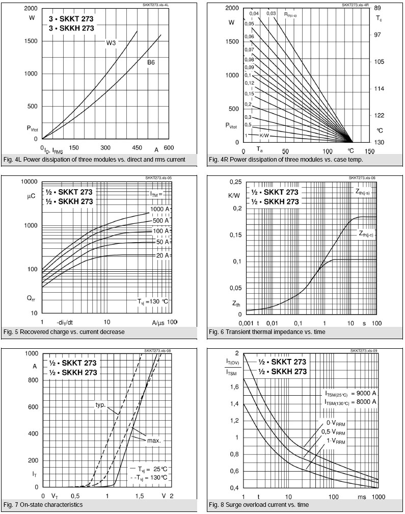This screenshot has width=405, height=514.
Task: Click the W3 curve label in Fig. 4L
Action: (111, 43)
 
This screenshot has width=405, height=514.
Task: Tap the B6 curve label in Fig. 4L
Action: (151, 62)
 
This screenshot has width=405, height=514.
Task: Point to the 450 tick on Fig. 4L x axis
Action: (137, 148)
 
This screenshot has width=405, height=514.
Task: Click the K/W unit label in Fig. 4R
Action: (264, 136)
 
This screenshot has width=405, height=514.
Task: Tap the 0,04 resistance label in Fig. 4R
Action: (254, 13)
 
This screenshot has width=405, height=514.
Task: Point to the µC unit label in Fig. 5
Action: (30, 195)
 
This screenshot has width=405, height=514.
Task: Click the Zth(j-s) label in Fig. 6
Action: (365, 192)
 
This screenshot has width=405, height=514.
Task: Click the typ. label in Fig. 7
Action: (100, 405)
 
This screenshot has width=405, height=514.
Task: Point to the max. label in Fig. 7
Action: (153, 440)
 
